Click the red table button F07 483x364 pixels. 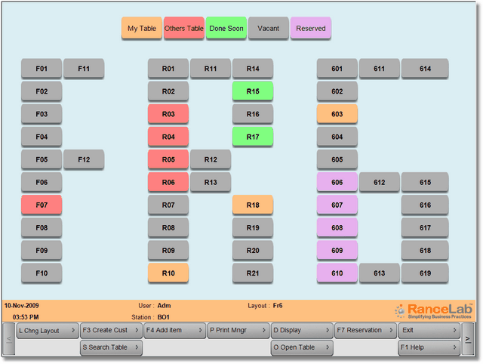tap(42, 205)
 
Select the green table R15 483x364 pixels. tap(253, 91)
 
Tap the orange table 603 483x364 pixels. tap(337, 114)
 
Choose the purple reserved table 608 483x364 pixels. tap(337, 227)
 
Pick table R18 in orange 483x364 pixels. tap(253, 205)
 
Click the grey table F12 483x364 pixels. tap(84, 159)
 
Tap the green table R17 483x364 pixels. tap(253, 137)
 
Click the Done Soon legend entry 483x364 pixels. tap(226, 29)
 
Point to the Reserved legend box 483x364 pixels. tap(311, 29)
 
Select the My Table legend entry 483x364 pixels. tap(142, 29)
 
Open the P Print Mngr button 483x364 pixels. tap(238, 330)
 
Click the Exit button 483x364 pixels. tap(429, 330)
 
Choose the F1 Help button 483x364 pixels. tap(429, 347)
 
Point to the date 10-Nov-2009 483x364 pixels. tap(22, 306)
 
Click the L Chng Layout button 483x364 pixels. tap(48, 330)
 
